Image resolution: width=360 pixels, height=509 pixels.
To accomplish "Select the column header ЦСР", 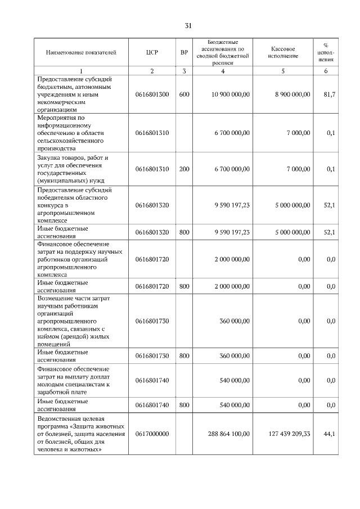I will (x=152, y=53).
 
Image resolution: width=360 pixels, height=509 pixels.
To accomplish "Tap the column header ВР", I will (x=184, y=53).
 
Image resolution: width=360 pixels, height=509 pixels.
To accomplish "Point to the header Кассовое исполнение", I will (x=283, y=53).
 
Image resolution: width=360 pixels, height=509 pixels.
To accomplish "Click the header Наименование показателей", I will (x=81, y=53).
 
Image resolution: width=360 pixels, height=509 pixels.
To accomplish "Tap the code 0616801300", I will (x=152, y=94).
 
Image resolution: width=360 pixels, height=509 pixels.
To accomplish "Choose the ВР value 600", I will (x=184, y=94).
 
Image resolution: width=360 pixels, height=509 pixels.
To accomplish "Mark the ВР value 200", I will (x=184, y=169).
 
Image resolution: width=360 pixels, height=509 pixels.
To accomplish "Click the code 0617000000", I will (x=152, y=434).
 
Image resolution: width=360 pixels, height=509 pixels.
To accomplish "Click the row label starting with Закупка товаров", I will (x=73, y=169).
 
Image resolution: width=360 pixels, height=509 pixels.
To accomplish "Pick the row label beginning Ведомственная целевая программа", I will (x=80, y=434).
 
